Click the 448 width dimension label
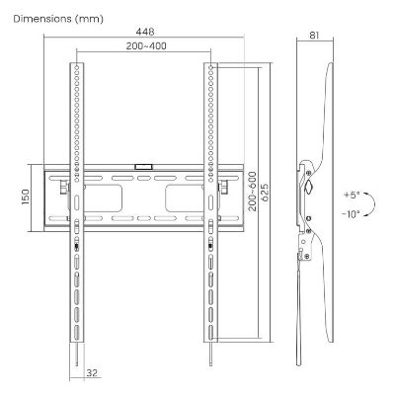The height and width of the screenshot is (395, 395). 145,32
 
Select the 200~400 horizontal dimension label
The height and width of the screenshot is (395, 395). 146,46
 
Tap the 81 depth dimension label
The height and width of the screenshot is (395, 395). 314,36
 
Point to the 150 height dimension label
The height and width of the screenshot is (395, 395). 26,197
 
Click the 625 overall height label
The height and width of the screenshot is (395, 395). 265,194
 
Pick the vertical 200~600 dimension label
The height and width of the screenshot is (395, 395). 252,191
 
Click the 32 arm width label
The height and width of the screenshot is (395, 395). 92,373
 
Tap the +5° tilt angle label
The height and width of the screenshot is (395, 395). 352,196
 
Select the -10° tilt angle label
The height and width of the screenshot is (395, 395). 351,214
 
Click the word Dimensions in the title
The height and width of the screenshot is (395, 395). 42,19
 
